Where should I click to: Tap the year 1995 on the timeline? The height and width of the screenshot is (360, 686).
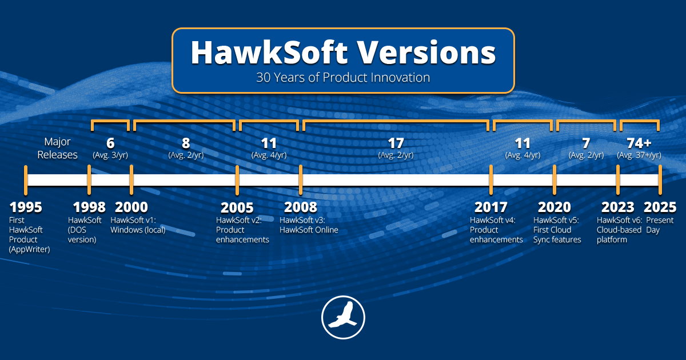(x=26, y=207)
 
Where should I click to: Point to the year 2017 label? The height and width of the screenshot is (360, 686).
(x=491, y=207)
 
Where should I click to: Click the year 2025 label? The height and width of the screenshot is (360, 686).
(x=660, y=207)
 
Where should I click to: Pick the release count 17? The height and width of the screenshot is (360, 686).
(x=396, y=143)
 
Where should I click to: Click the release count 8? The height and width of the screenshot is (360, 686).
(x=186, y=143)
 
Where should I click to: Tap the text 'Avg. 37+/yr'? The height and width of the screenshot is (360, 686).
(x=640, y=155)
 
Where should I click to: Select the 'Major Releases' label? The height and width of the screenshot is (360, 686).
(x=61, y=148)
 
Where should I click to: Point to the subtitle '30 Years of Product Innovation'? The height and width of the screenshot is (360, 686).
(x=343, y=76)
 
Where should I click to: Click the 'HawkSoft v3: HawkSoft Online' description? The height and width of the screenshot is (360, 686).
(x=309, y=225)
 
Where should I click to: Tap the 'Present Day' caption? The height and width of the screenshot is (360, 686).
(x=660, y=225)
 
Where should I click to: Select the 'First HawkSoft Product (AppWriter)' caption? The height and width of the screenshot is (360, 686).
(x=29, y=235)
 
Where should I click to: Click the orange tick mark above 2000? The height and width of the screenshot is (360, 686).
(x=131, y=179)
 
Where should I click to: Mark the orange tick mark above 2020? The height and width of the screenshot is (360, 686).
(x=554, y=179)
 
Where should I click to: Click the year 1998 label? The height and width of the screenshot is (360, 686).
(x=89, y=207)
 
